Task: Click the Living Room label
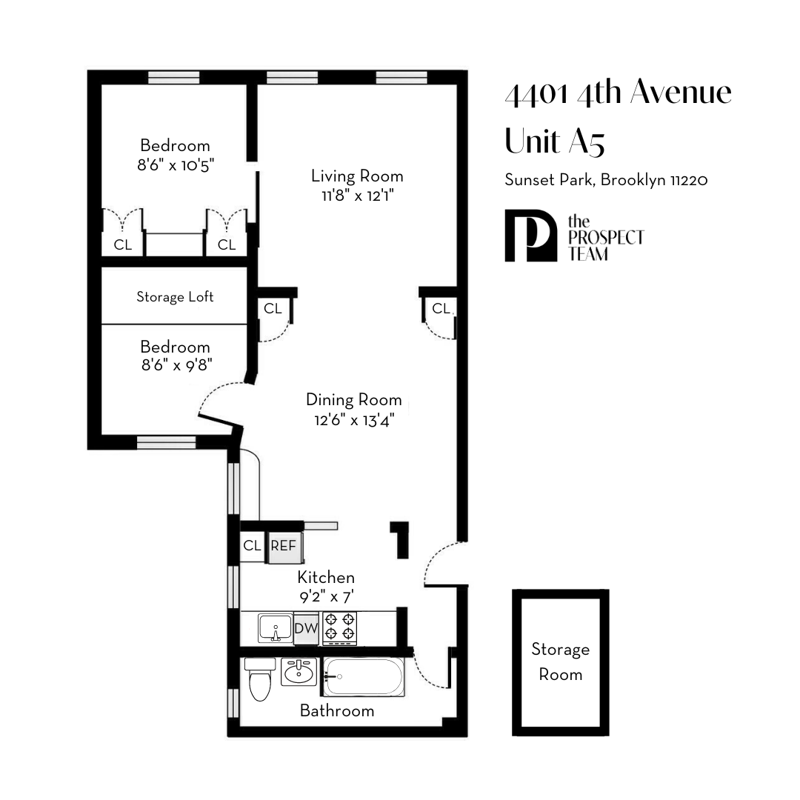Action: pos(357,176)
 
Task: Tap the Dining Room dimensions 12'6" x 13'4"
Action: pos(353,420)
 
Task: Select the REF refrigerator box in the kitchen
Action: pos(283,546)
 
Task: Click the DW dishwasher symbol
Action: pos(306,629)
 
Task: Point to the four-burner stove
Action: pos(339,627)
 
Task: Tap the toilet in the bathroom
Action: pos(260,680)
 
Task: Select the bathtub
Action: pos(364,677)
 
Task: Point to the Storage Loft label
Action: pos(175,297)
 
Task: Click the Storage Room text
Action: pos(561,662)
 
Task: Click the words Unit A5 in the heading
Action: pos(555,141)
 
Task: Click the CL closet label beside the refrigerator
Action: pos(252,546)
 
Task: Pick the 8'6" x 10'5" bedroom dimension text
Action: pos(175,165)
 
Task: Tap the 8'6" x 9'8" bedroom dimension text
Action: pos(175,366)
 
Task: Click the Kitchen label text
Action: pos(326,577)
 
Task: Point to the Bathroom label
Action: pos(337,711)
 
